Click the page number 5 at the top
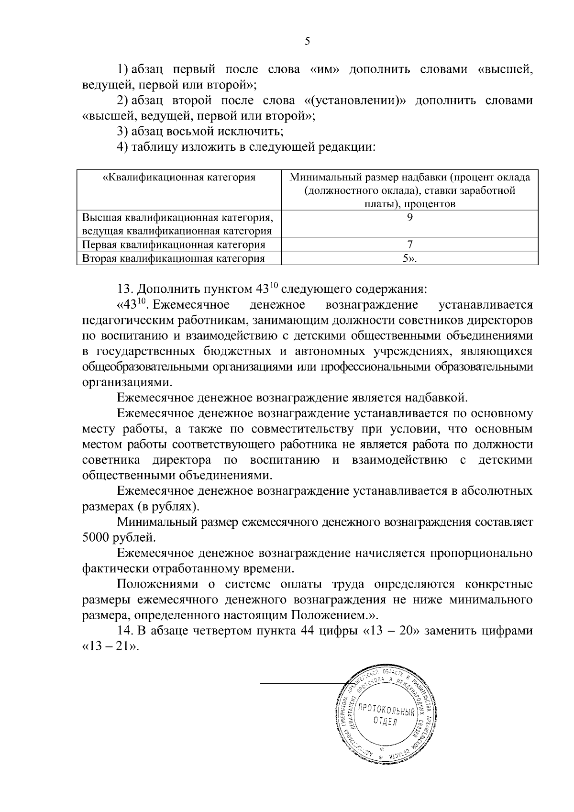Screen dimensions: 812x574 (x=307, y=42)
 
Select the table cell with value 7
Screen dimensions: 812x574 (x=409, y=245)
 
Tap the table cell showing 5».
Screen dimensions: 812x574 (x=409, y=259)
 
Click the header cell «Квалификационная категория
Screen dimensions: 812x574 (x=179, y=178)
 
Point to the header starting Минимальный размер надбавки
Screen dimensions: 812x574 (x=409, y=190)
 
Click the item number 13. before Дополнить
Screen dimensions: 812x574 (x=125, y=290)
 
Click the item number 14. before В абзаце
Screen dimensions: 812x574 (x=125, y=631)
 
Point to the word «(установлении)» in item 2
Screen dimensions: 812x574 (x=354, y=101)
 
